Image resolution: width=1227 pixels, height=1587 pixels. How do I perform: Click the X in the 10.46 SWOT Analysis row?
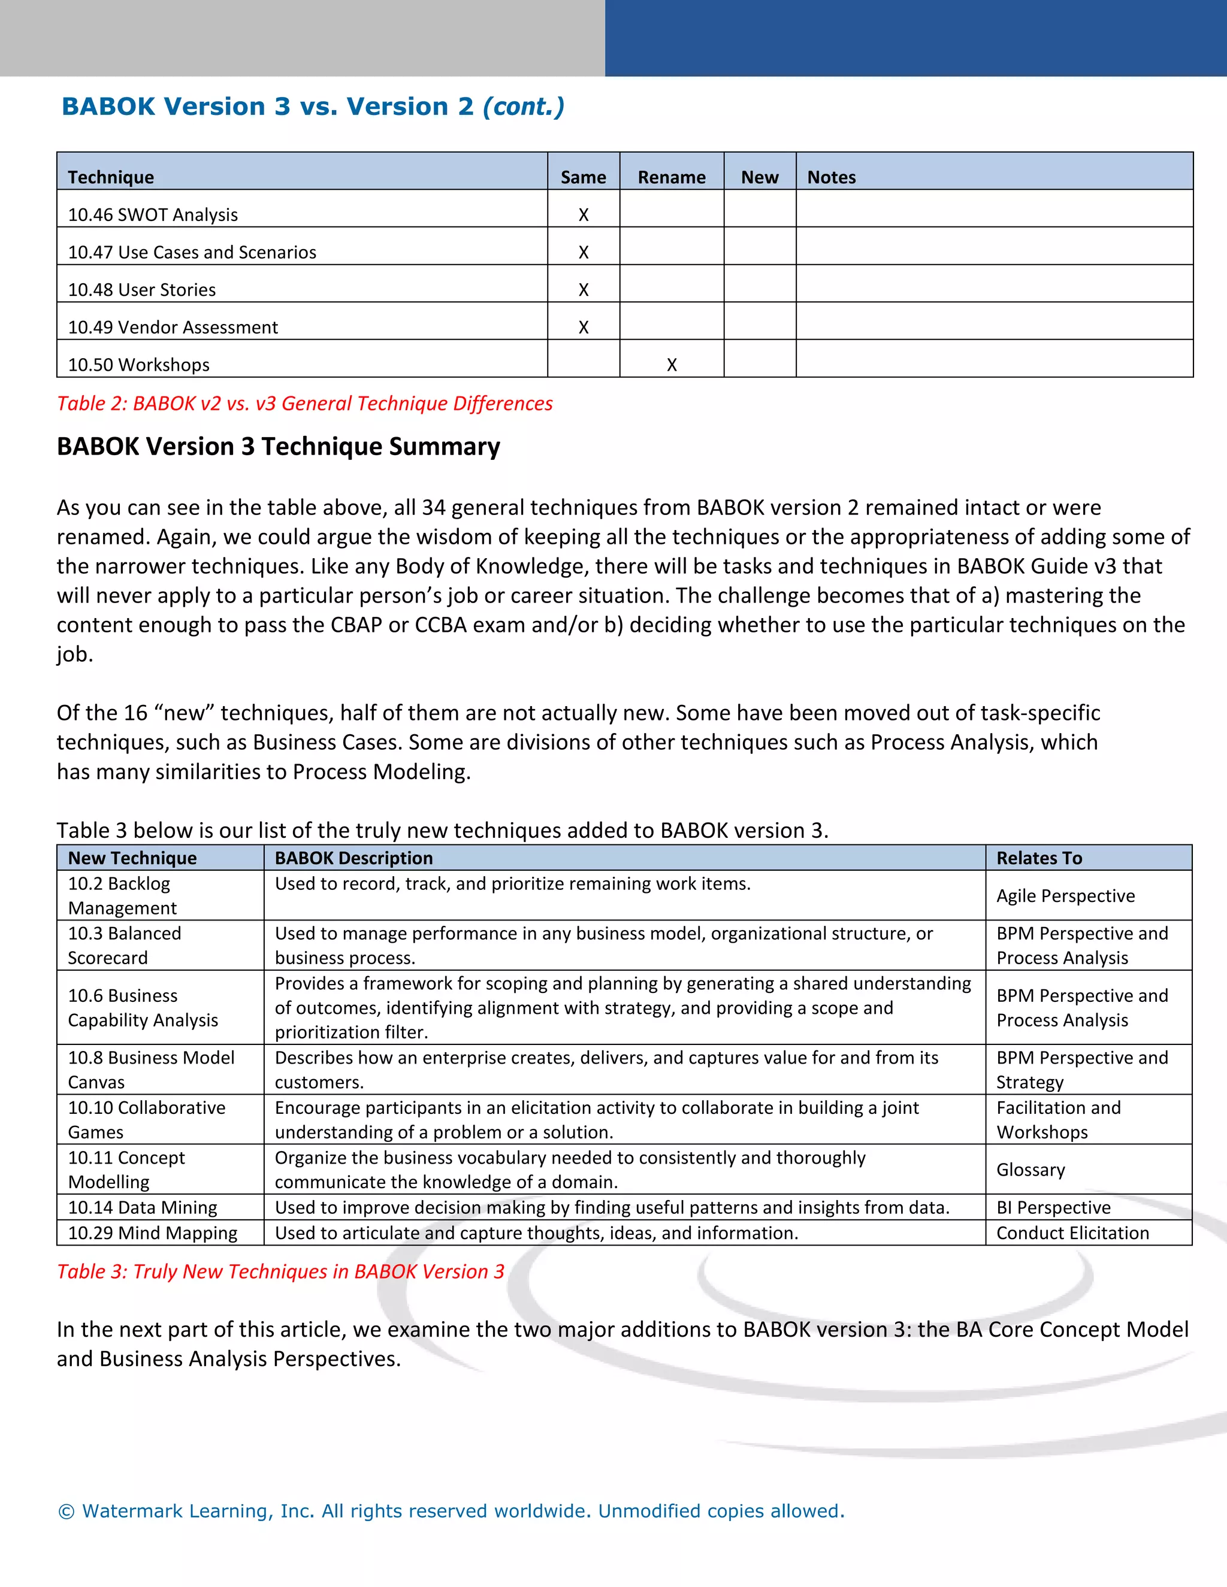(583, 215)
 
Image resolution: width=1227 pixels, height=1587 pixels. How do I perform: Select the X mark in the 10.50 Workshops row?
(672, 365)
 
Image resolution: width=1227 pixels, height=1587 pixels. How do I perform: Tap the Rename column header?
(672, 177)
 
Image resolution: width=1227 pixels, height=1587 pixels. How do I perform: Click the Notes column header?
(832, 177)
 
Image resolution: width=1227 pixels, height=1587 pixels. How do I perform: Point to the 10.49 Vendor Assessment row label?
(173, 328)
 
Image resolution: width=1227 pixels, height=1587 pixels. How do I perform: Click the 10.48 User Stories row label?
(142, 290)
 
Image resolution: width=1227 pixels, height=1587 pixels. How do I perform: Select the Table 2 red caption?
(304, 403)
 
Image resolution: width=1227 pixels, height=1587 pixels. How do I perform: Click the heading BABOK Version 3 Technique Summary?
(279, 446)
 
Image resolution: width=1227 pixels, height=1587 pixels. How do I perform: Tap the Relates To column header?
(1039, 858)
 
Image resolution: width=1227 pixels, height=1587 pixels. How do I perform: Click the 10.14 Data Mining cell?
(143, 1208)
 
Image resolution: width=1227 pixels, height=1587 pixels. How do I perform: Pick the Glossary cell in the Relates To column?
(1030, 1170)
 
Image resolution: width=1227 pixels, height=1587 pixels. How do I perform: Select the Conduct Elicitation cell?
(1072, 1233)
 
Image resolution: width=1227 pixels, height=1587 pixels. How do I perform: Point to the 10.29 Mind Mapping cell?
(153, 1233)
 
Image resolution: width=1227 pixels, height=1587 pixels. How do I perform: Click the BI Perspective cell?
(1053, 1208)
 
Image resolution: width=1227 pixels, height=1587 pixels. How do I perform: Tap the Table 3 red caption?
(280, 1271)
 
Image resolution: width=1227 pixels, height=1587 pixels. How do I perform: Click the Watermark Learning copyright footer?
(451, 1512)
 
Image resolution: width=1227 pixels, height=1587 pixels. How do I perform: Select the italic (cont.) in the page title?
(524, 107)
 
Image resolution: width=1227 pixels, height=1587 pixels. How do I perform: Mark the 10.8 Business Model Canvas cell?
(151, 1070)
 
